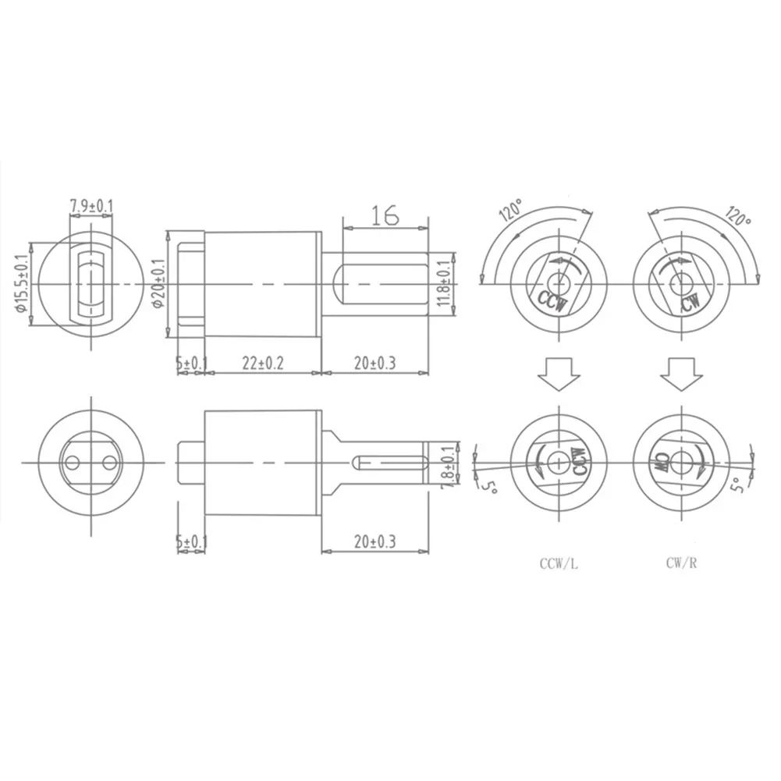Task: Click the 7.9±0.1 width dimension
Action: (x=91, y=206)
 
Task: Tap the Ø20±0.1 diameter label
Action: (x=158, y=284)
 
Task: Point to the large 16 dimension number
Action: (x=385, y=215)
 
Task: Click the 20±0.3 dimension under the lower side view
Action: (x=375, y=540)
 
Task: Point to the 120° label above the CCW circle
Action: (x=513, y=212)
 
